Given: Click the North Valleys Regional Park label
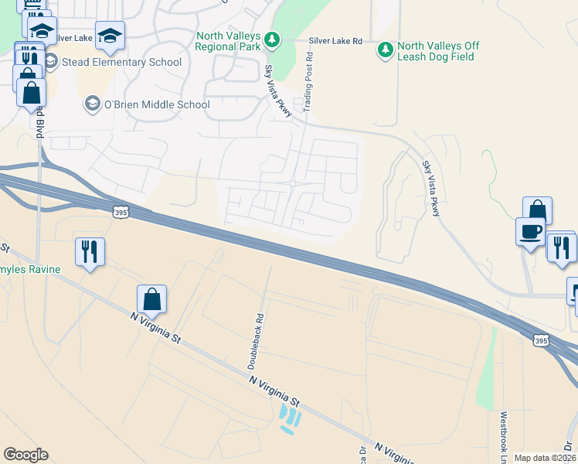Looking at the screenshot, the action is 228,42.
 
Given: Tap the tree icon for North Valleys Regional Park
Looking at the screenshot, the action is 271,38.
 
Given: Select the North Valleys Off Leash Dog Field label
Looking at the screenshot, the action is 438,51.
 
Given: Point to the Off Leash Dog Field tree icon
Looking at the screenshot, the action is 385,50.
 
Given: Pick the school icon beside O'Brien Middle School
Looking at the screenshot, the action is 92,104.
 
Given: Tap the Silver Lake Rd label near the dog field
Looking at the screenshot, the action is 335,40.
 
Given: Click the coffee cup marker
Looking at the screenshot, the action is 531,231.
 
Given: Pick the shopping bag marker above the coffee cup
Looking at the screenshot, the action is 537,210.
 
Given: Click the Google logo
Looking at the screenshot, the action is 25,455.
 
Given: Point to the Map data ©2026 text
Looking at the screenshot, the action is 545,458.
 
